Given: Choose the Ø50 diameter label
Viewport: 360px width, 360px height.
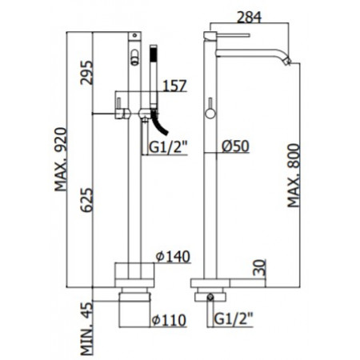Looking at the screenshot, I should [x=237, y=146].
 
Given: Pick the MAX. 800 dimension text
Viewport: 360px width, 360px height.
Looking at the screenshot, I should [x=296, y=174].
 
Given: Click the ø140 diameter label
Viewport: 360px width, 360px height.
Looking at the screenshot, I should [x=170, y=255].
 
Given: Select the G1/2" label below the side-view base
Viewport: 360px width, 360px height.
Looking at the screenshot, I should [x=233, y=321].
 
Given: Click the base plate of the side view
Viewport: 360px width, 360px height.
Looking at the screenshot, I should [x=217, y=284].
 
